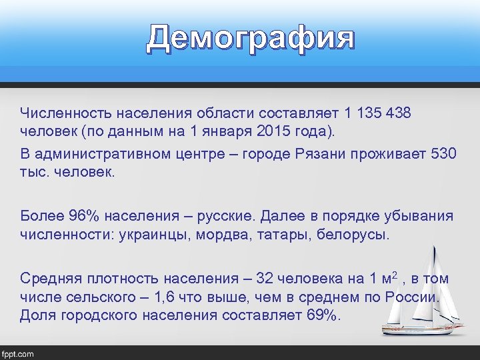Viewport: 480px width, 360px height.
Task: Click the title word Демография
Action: click(x=251, y=38)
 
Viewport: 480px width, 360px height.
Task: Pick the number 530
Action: click(x=443, y=154)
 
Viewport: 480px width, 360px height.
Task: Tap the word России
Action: click(x=413, y=296)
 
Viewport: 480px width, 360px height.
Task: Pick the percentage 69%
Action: click(x=323, y=314)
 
